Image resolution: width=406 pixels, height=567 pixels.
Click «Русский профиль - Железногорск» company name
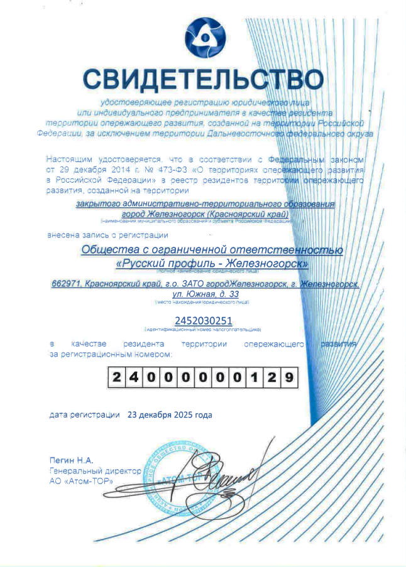[212, 264]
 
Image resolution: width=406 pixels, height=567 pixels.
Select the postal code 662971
[66, 284]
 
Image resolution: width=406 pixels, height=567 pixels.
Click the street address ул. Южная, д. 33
[206, 294]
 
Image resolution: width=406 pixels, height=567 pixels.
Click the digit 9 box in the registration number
[287, 378]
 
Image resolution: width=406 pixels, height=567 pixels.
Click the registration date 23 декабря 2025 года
[170, 415]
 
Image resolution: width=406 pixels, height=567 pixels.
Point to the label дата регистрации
[84, 415]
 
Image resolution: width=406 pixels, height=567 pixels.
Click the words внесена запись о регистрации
[107, 235]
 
